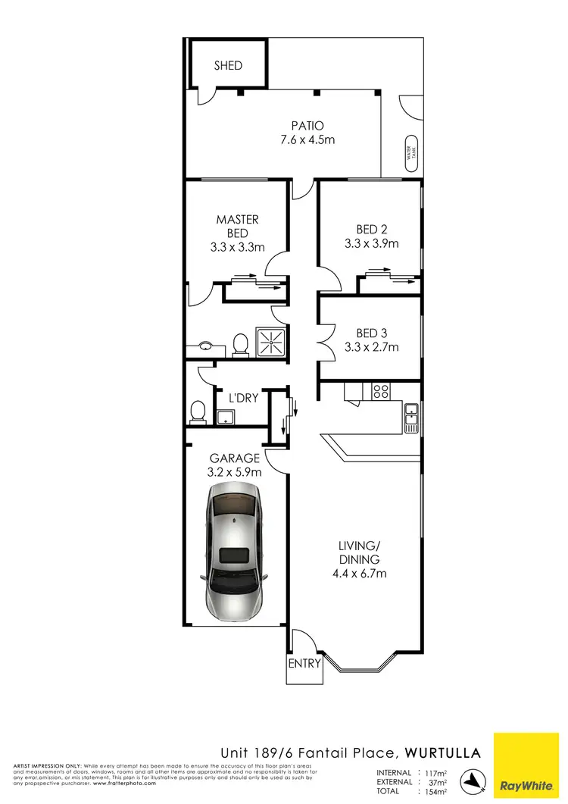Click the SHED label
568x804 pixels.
(228, 65)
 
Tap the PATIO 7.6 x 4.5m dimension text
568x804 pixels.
(307, 139)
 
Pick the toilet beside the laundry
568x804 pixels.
(198, 411)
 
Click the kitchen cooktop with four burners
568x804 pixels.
(380, 392)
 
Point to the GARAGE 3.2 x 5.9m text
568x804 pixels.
(235, 465)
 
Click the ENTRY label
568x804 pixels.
(304, 663)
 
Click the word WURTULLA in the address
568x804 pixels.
(443, 752)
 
